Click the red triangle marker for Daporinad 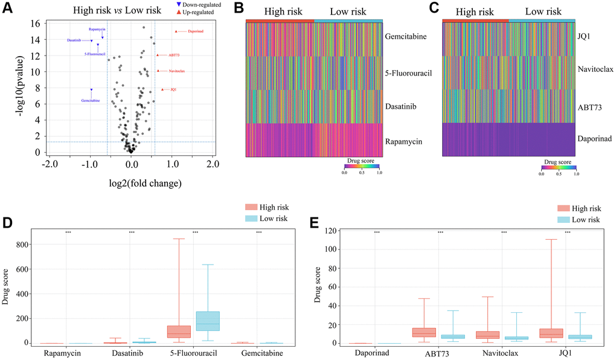click(176, 31)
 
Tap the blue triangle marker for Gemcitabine click(91, 90)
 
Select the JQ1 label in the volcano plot click(173, 90)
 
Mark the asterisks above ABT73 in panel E click(440, 233)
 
